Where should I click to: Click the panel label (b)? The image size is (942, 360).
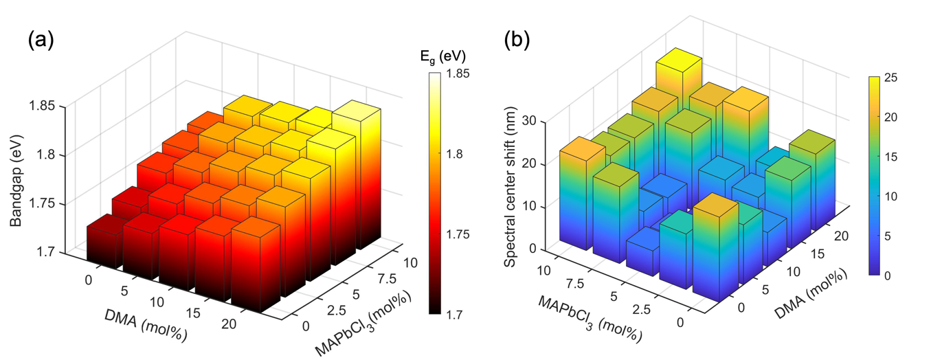(x=517, y=40)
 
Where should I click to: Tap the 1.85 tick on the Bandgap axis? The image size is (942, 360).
(x=49, y=106)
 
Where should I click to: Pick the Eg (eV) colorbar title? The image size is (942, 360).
(x=442, y=57)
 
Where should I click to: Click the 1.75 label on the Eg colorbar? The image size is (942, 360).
(x=458, y=234)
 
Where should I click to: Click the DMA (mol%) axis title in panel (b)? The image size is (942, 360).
(x=815, y=302)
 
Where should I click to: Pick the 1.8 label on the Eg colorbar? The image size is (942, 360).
(x=456, y=153)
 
